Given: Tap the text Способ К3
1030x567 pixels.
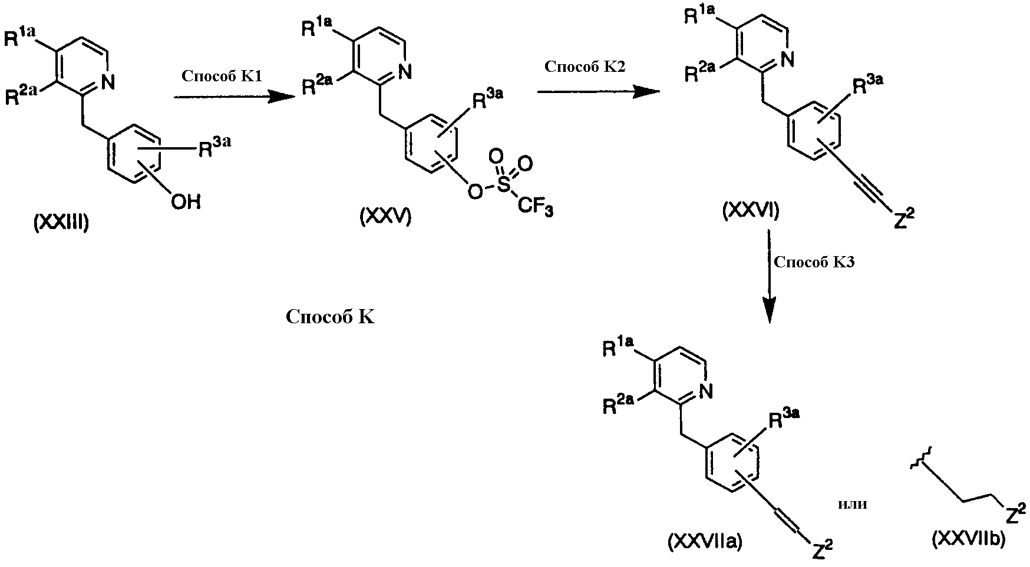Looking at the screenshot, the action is click(814, 262).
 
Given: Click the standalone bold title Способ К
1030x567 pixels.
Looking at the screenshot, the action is click(330, 317).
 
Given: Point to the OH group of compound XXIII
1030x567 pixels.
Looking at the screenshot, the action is click(186, 203).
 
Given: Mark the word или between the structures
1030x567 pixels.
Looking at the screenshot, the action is click(852, 504).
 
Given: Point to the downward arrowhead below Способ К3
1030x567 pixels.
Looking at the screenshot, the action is click(769, 310).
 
